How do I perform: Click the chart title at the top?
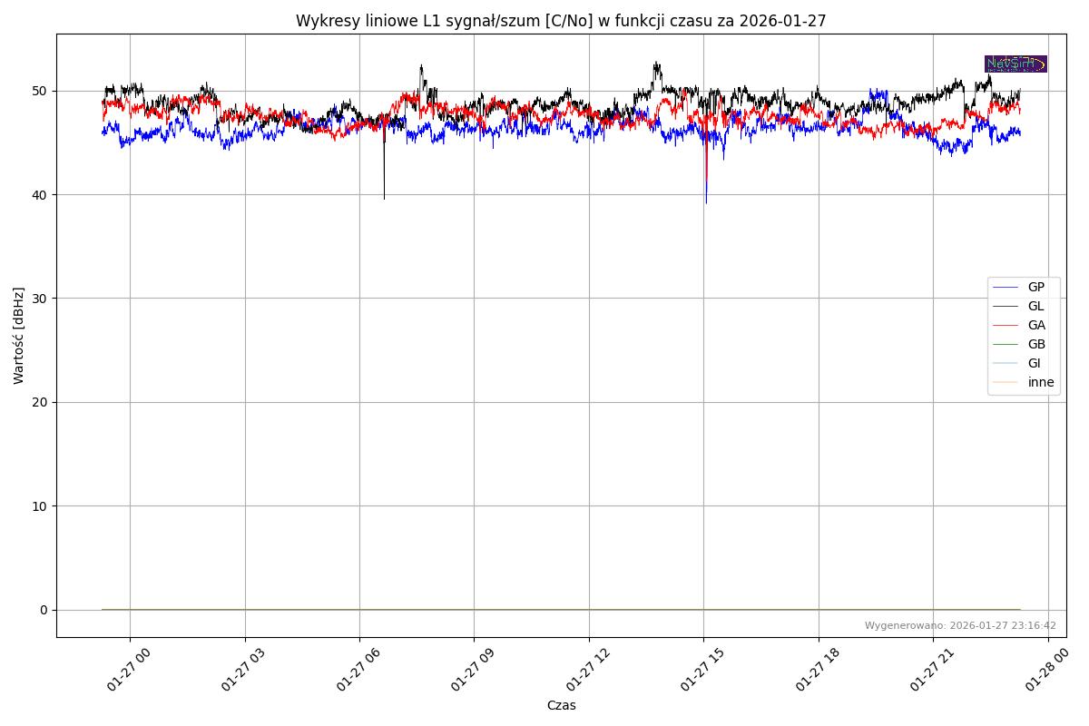coord(561,21)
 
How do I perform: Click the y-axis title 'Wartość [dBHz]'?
coord(19,336)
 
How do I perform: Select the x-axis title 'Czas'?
coord(561,705)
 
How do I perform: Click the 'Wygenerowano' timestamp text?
coord(960,625)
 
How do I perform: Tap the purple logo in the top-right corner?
coord(1015,64)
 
